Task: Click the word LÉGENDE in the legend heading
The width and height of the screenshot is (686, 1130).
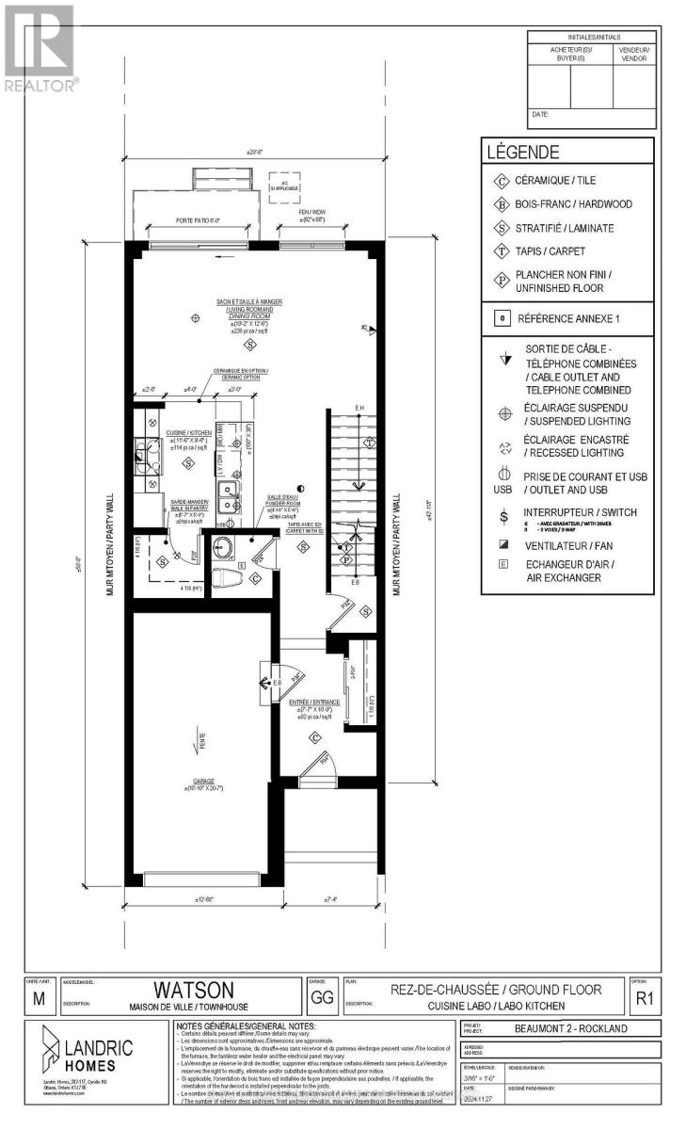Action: coord(522,152)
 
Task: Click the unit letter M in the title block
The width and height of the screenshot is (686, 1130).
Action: coord(38,999)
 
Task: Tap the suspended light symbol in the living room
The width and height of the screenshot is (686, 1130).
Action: coord(195,318)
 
